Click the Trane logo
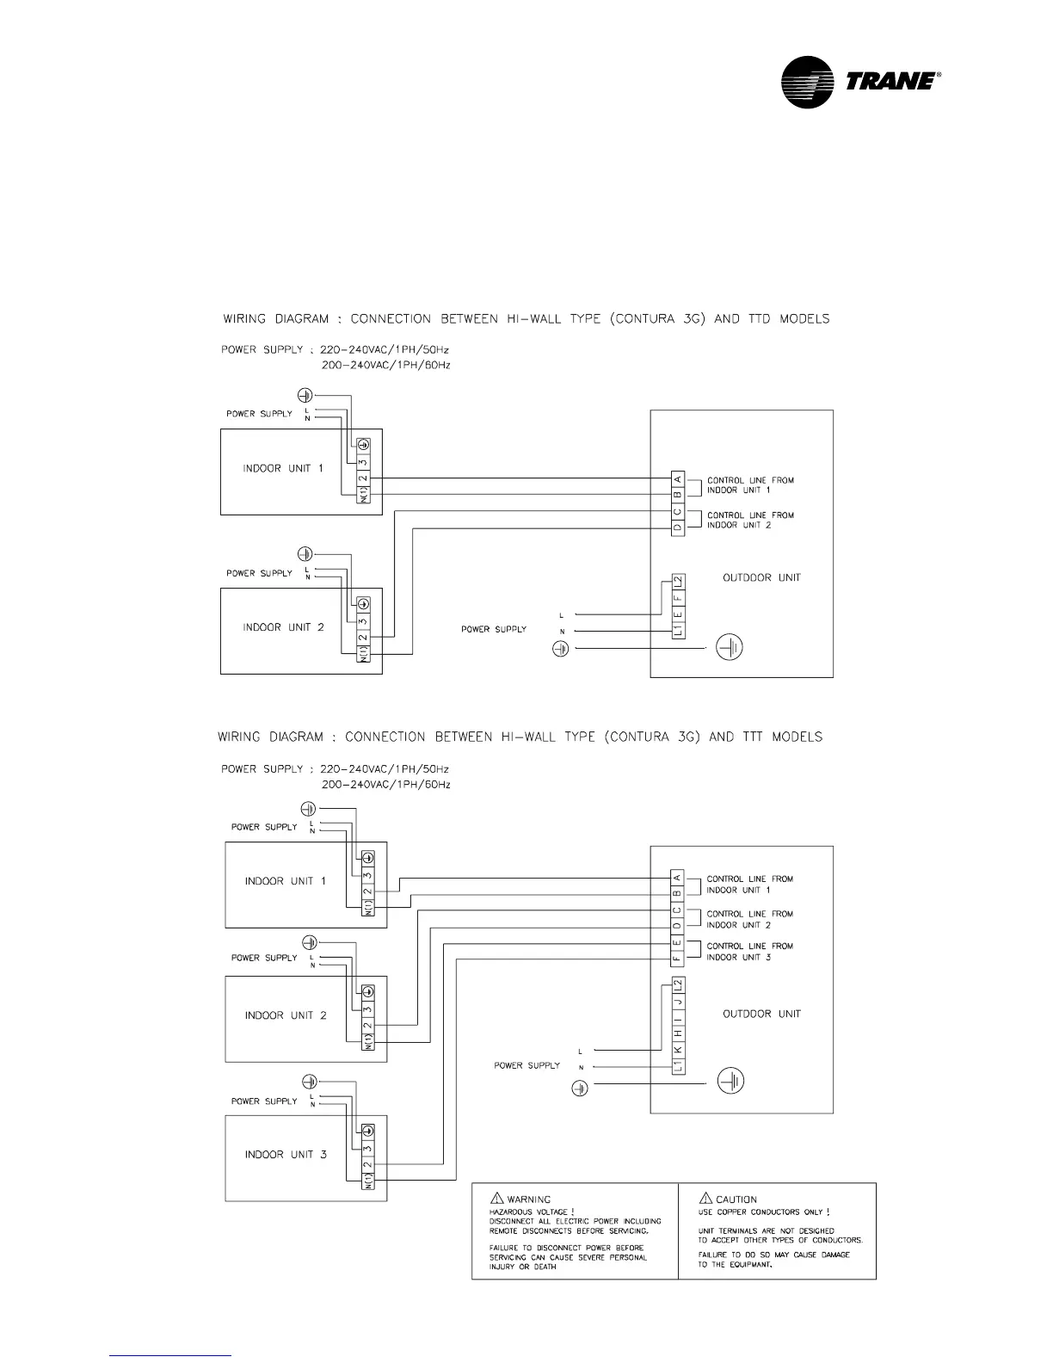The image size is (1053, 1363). pos(860,83)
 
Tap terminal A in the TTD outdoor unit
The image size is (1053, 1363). pos(678,479)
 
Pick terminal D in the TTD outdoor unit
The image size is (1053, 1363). pos(678,527)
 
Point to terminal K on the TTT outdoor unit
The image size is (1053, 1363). pos(678,1050)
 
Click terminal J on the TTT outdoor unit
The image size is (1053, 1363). pos(678,1002)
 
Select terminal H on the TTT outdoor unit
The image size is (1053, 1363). pos(678,1033)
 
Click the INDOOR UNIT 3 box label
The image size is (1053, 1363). pos(286,1154)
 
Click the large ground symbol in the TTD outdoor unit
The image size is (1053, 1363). pos(730,647)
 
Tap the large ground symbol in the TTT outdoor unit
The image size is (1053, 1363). pos(730,1082)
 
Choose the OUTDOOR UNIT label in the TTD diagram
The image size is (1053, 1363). pos(761,577)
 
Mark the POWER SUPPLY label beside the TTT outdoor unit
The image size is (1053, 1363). pos(526,1065)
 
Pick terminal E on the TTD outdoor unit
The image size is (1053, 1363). pos(678,613)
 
